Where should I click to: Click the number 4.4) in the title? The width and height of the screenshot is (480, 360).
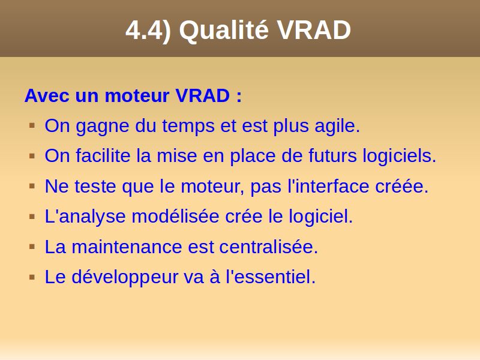[x=148, y=31]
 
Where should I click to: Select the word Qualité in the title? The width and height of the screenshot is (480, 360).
[x=224, y=29]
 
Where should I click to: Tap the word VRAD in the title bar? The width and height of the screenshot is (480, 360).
[x=314, y=30]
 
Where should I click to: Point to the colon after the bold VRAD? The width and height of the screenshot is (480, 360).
[x=239, y=97]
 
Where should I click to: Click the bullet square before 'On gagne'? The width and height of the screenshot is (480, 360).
[x=32, y=125]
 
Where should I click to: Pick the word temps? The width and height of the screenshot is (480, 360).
[x=188, y=126]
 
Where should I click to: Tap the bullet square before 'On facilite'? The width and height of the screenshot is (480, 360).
[x=32, y=156]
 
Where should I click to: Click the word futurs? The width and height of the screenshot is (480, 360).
[x=332, y=155]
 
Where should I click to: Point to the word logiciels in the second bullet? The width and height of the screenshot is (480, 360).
[x=399, y=156]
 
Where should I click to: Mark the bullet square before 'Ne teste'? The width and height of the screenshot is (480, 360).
[x=32, y=186]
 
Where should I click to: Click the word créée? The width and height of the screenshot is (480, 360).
[x=401, y=186]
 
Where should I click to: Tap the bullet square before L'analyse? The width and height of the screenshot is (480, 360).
[x=32, y=217]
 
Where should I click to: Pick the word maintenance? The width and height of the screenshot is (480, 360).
[x=127, y=247]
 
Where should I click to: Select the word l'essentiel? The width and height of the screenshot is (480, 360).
[x=271, y=277]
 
